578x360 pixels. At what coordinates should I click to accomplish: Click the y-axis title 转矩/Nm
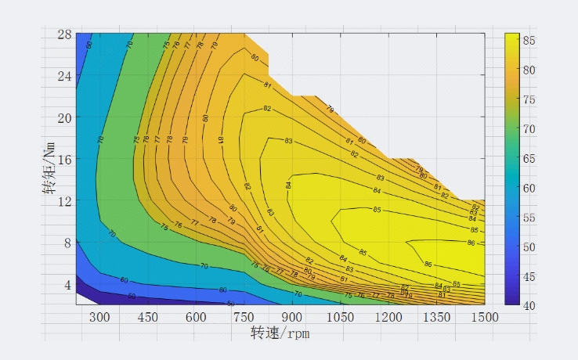click(x=52, y=169)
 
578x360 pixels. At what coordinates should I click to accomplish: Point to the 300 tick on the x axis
click(x=100, y=316)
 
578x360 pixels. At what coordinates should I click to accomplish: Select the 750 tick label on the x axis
click(x=244, y=316)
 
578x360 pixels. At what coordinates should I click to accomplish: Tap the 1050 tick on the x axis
click(x=341, y=316)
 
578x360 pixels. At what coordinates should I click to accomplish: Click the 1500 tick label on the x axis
click(x=485, y=316)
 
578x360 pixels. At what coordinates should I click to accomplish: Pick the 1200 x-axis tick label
click(x=388, y=316)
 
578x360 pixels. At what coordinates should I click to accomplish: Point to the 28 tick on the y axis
click(x=64, y=34)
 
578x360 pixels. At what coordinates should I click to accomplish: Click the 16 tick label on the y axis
click(x=64, y=159)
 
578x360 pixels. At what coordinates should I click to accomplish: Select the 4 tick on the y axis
click(x=67, y=283)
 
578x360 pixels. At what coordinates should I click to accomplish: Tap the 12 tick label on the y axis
click(x=64, y=200)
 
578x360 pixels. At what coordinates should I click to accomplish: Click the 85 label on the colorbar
click(x=529, y=40)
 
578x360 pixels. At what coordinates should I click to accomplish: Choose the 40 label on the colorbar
click(x=529, y=305)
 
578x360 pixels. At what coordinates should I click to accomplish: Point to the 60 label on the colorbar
click(x=529, y=188)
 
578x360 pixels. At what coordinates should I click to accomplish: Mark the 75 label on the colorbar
click(x=529, y=99)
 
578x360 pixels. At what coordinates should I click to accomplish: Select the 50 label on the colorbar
click(x=529, y=247)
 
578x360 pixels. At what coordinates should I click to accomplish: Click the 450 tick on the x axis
click(x=148, y=316)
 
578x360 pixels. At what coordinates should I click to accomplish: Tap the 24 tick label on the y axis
click(x=64, y=76)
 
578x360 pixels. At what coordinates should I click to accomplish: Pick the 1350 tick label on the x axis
click(x=437, y=316)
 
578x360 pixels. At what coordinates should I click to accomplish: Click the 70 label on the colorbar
click(x=529, y=129)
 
